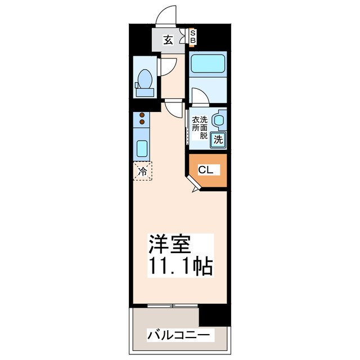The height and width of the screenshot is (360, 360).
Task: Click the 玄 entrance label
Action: [x=168, y=39]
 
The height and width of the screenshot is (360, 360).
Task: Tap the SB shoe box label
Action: [x=193, y=37]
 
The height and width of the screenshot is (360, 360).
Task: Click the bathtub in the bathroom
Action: [x=208, y=63]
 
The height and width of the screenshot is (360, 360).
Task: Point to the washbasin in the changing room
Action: [x=219, y=120]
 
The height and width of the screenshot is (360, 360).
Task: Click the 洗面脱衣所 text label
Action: [x=200, y=128]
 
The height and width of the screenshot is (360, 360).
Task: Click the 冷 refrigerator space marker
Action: [x=143, y=170]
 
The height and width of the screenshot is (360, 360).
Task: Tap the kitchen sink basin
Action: [x=142, y=148]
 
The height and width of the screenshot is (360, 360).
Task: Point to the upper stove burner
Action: [x=142, y=114]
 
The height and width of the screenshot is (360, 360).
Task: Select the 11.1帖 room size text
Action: [x=180, y=266]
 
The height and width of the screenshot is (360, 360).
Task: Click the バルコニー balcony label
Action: [x=180, y=336]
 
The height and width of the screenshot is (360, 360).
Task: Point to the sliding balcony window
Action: [x=166, y=306]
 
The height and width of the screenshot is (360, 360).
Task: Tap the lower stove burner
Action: [x=142, y=121]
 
